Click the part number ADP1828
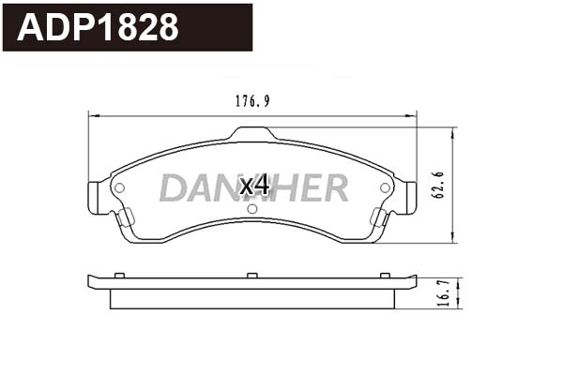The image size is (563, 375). (99, 27)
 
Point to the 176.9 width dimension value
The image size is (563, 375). (252, 102)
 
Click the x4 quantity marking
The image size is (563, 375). (254, 186)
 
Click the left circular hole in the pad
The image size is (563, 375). (119, 187)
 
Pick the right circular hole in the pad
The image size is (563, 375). (385, 187)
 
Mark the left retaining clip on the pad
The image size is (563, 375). (124, 218)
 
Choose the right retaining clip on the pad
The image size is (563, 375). (379, 218)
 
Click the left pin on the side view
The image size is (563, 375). (119, 274)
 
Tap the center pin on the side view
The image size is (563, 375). (251, 274)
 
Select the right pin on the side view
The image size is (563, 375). (385, 274)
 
